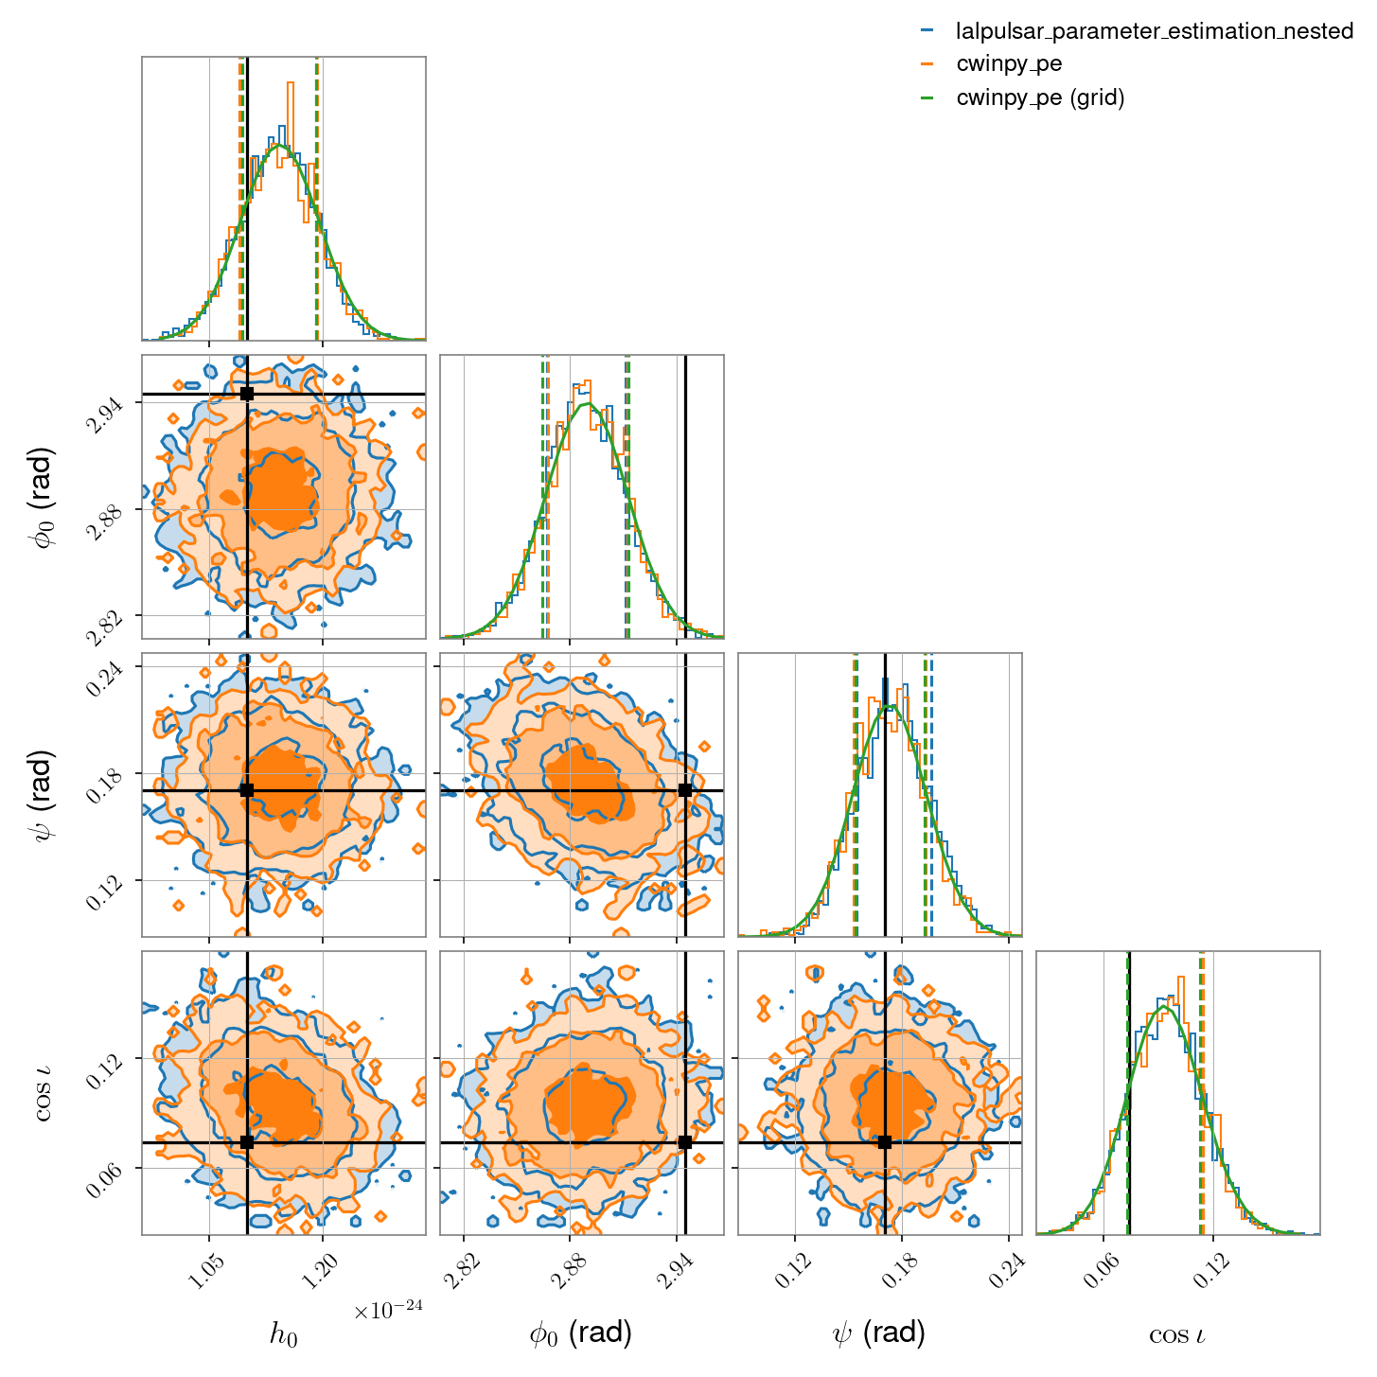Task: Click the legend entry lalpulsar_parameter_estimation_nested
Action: click(x=1154, y=30)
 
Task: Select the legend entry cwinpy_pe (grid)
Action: click(x=1040, y=97)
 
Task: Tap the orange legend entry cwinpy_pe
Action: click(x=1009, y=64)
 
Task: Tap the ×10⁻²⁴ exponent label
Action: click(x=388, y=1308)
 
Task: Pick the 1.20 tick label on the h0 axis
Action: click(x=324, y=1269)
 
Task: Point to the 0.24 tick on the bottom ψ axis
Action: click(x=1009, y=1269)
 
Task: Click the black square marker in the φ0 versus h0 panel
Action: click(x=247, y=394)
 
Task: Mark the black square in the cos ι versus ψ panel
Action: click(x=886, y=1142)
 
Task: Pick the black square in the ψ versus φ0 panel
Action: click(x=685, y=789)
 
